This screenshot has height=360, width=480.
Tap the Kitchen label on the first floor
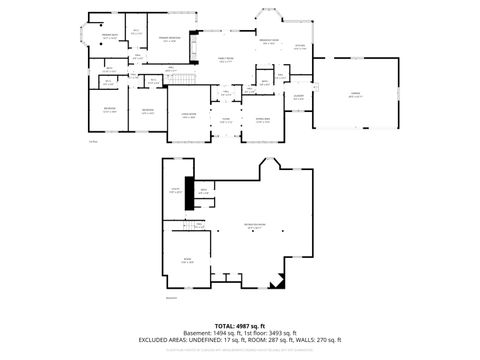click(300, 47)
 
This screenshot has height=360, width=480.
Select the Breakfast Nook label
click(268, 43)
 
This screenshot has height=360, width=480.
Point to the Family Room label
click(226, 60)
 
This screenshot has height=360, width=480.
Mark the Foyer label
click(226, 120)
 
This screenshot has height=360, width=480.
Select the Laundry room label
click(298, 96)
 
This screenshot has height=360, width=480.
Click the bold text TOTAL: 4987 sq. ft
click(240, 326)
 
